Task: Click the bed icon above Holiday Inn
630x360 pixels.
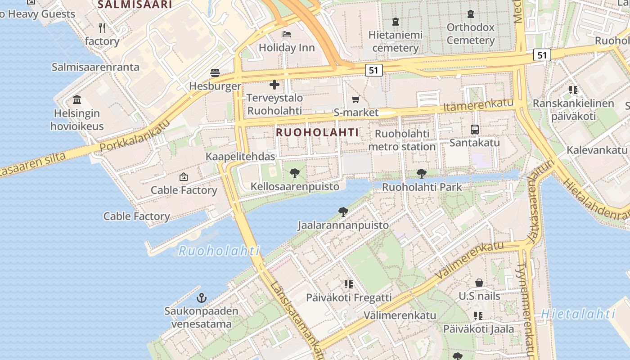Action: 287,34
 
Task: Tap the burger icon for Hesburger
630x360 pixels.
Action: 215,73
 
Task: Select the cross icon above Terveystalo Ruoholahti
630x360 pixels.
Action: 274,85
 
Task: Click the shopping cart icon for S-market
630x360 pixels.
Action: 356,99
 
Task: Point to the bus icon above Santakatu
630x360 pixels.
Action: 475,130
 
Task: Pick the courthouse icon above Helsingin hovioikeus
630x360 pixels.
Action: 77,99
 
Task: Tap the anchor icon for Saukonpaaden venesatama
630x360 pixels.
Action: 202,297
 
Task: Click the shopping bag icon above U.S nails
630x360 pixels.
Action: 479,283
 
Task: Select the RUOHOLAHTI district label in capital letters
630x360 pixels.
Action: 317,132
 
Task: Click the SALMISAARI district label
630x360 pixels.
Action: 135,4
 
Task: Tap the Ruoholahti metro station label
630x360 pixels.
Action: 402,140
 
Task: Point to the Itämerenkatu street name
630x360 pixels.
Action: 478,105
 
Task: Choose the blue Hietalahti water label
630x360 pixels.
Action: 578,314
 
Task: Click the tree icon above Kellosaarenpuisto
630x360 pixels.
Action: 295,173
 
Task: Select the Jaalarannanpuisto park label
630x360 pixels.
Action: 343,225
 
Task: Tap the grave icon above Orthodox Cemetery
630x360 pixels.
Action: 471,14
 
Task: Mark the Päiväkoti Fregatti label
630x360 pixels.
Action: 349,297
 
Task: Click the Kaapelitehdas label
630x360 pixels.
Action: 240,157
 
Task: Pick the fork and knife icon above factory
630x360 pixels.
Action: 102,28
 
